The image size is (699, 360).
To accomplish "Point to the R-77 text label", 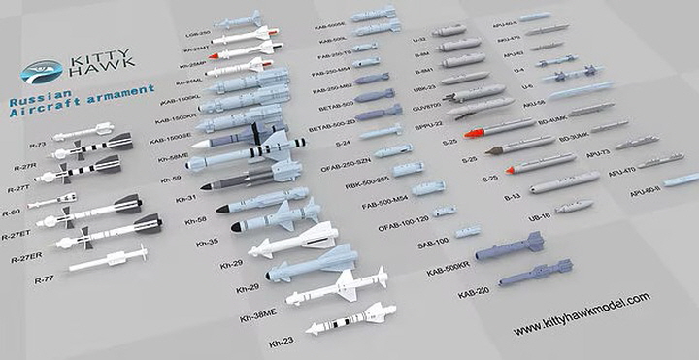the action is (45, 279).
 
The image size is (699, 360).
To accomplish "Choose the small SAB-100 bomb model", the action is (467, 231).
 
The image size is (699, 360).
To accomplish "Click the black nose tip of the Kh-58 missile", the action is (221, 208).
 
